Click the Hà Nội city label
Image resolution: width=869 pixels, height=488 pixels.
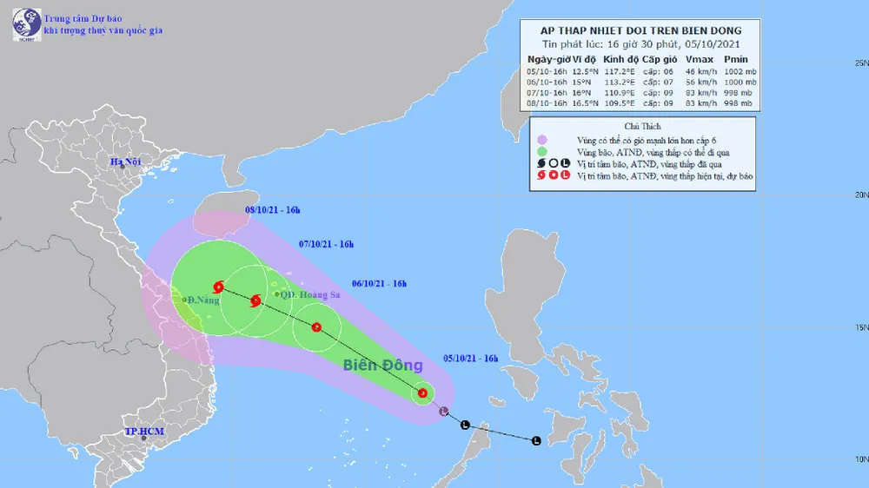point(125,162)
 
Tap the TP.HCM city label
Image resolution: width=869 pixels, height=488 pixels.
point(144,432)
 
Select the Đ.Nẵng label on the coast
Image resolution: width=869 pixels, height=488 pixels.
point(202,300)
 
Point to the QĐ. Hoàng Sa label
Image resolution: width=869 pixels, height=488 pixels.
point(304,294)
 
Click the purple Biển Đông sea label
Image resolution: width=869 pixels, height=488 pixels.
point(382,365)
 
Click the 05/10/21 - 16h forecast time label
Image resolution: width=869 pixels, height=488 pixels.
point(470,358)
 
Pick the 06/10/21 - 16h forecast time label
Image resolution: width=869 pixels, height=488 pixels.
point(380,283)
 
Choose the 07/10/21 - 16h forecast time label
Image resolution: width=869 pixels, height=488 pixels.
point(326,245)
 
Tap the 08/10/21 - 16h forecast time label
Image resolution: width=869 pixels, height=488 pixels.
point(273,210)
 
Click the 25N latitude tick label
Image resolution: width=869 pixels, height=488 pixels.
point(861,63)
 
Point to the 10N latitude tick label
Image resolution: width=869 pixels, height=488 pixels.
point(861,459)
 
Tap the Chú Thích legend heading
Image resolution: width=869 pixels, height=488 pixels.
point(642,126)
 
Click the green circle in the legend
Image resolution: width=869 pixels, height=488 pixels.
point(541,151)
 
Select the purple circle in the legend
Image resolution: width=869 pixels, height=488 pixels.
point(541,139)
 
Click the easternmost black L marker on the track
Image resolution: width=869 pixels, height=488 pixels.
point(535,440)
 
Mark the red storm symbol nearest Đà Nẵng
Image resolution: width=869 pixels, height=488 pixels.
point(217,287)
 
